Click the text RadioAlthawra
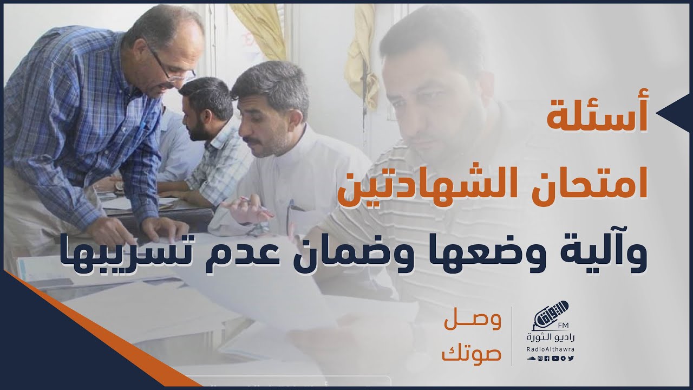(551, 349)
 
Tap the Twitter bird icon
(571, 359)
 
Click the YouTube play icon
(555, 359)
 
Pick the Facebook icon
(547, 359)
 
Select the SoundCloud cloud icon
(531, 359)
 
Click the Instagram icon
(540, 359)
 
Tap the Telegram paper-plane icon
(564, 359)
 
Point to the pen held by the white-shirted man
(254, 204)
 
